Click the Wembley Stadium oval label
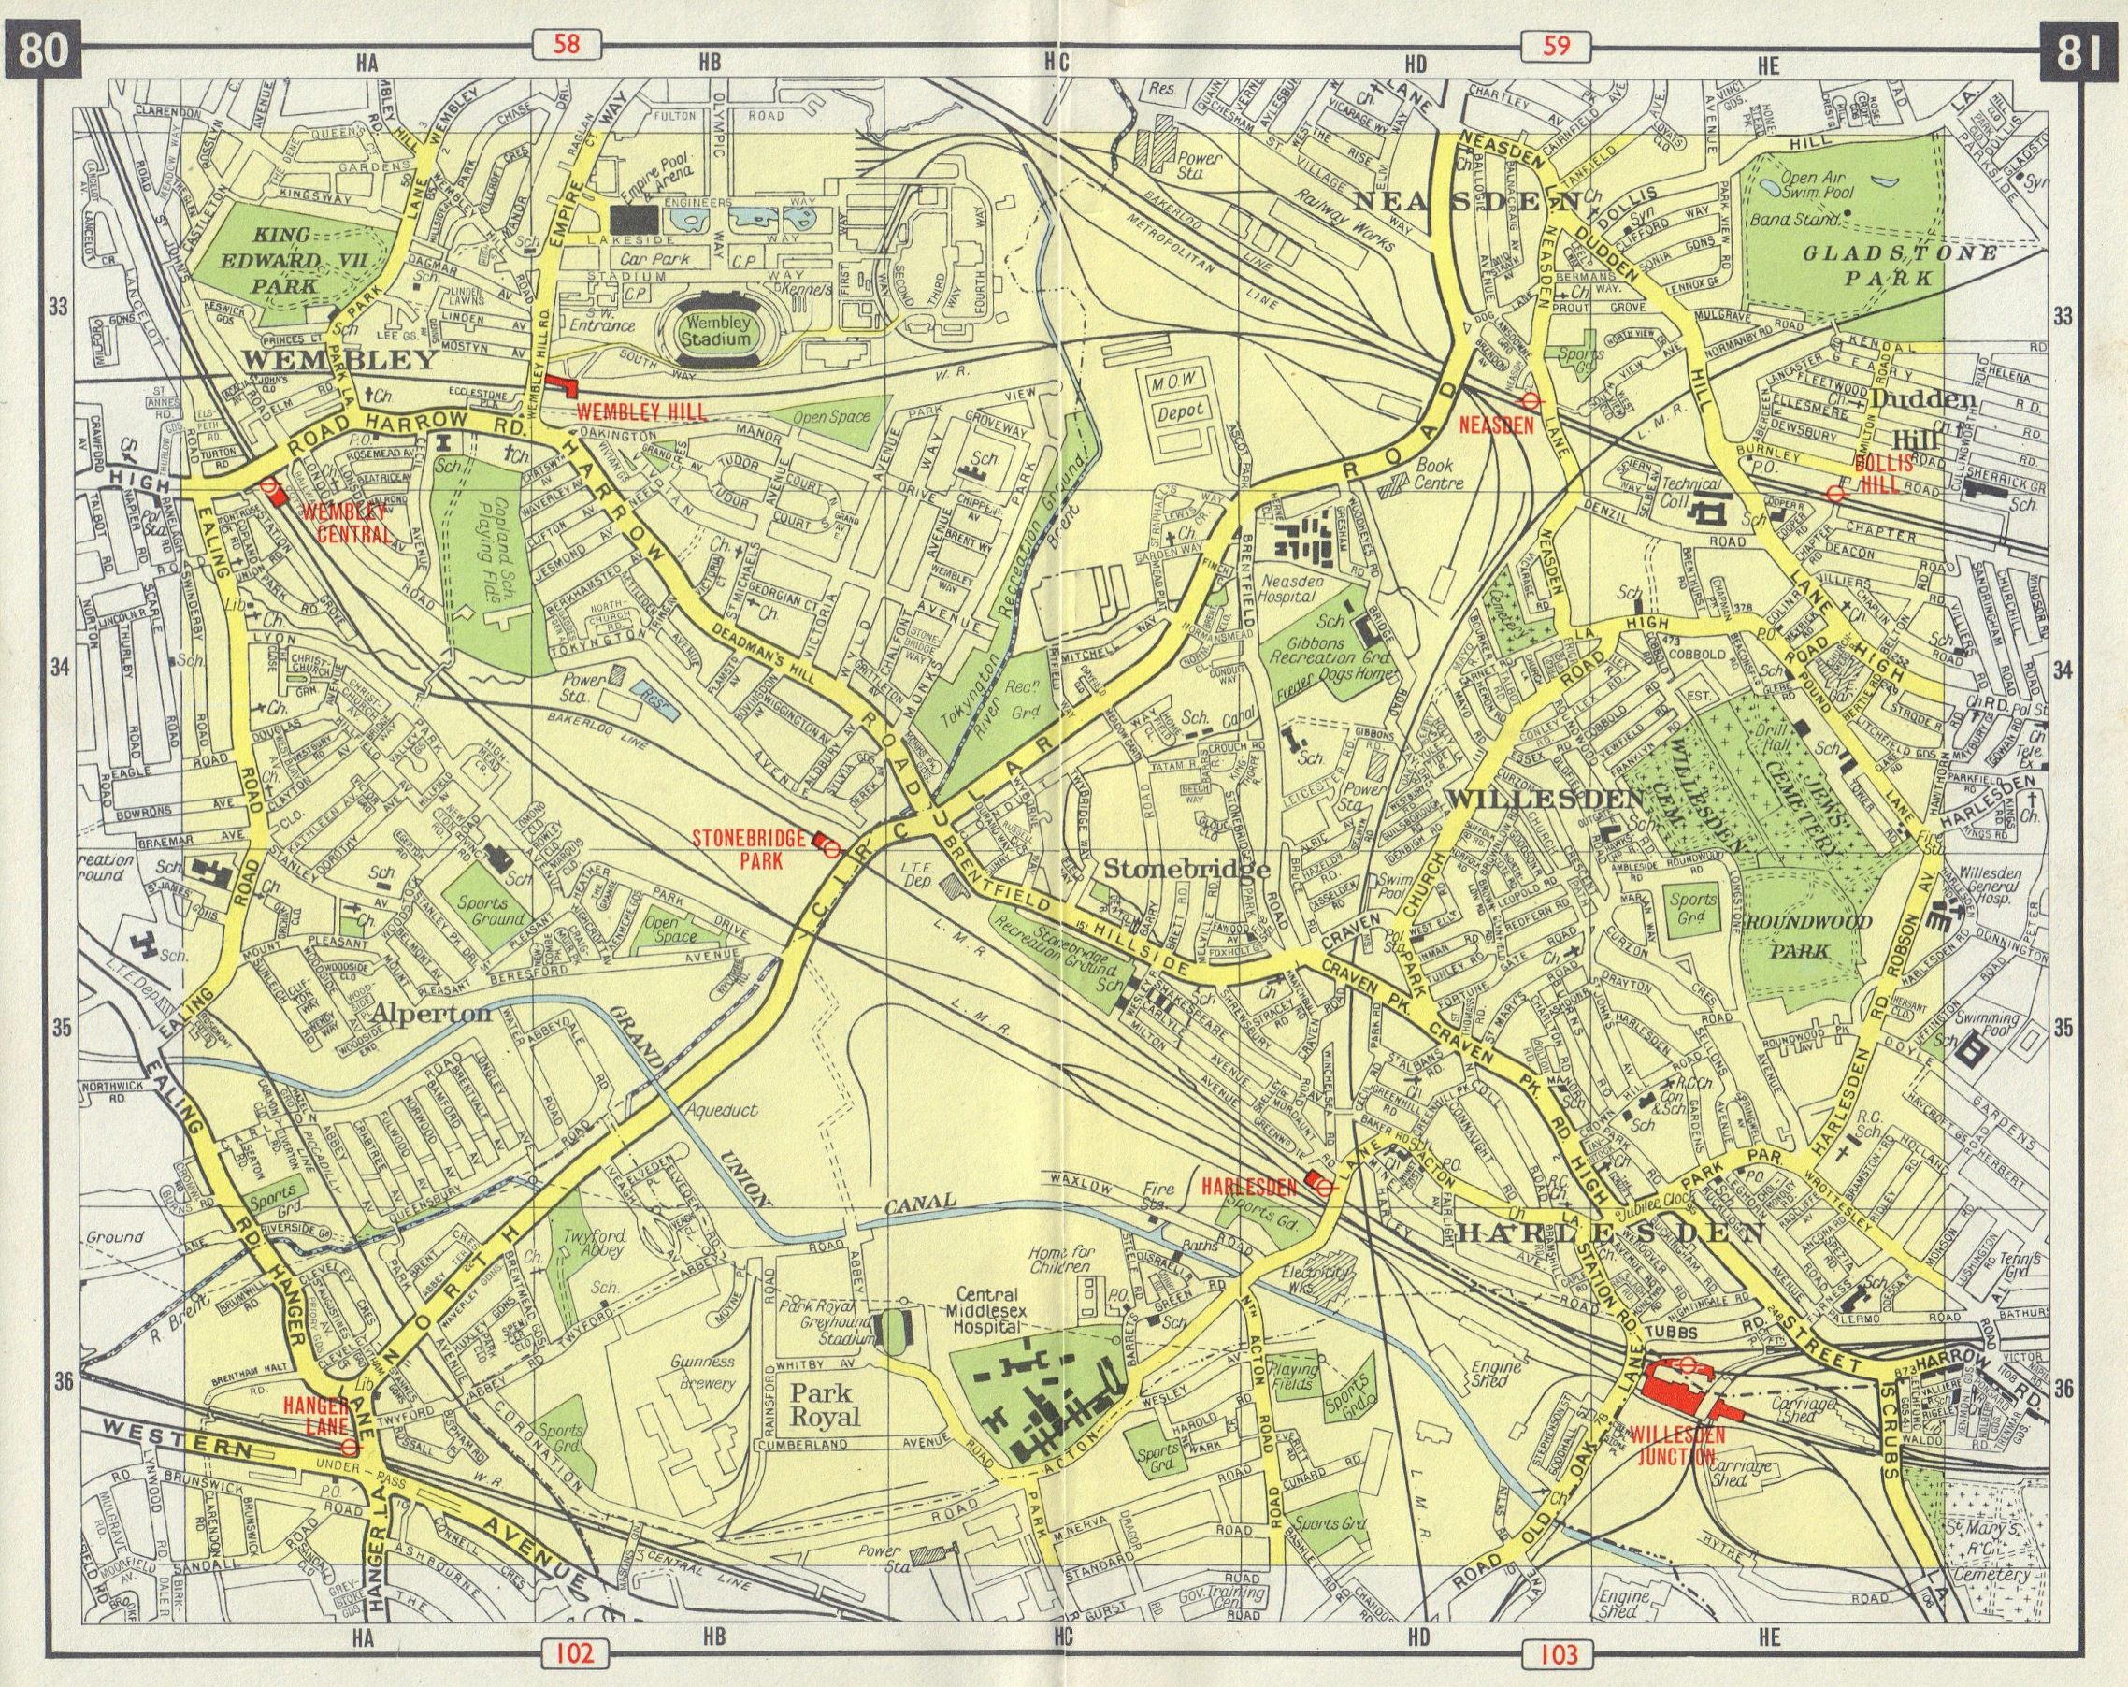pyautogui.click(x=720, y=331)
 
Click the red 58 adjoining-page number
pyautogui.click(x=568, y=45)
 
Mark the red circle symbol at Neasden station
pyautogui.click(x=1531, y=401)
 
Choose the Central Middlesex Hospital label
pyautogui.click(x=1012, y=1310)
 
